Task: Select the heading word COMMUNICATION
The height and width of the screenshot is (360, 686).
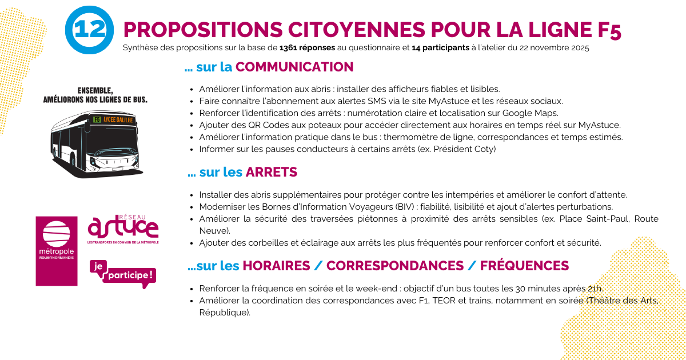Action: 294,67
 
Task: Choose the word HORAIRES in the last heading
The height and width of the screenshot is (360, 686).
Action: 281,266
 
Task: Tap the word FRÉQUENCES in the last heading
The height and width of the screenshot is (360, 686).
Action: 524,266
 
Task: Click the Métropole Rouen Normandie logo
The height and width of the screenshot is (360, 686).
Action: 57,251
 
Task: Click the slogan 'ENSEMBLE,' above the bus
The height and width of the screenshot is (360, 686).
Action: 95,90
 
